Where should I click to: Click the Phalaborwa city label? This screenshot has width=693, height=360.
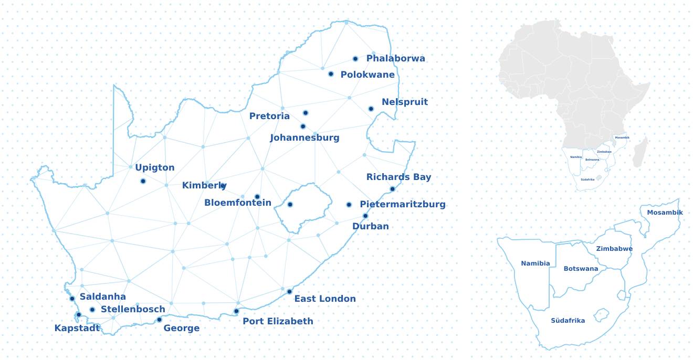[395, 58]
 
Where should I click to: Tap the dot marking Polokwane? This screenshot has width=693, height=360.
[331, 74]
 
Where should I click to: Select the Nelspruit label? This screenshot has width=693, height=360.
[404, 102]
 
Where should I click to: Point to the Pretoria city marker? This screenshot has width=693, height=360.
[306, 113]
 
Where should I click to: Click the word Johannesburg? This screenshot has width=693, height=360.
[304, 138]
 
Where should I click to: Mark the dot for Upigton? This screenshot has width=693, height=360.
[143, 181]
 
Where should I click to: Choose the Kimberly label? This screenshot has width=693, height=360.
[204, 185]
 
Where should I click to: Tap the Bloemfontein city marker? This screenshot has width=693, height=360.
[257, 197]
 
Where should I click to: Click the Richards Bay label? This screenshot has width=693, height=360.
[398, 177]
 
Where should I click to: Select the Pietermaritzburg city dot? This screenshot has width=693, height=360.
[349, 205]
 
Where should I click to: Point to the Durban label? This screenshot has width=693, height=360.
[370, 226]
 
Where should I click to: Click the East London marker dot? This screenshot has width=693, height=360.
[289, 292]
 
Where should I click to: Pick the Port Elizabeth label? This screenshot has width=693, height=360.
[278, 321]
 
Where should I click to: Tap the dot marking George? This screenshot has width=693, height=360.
[160, 320]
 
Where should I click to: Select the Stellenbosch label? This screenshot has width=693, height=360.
[133, 309]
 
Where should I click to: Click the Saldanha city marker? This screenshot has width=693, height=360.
[72, 299]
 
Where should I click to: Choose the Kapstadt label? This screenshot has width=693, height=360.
[77, 329]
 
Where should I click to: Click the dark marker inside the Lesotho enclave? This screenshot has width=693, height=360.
[290, 205]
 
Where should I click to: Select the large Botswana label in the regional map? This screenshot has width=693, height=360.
[581, 269]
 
